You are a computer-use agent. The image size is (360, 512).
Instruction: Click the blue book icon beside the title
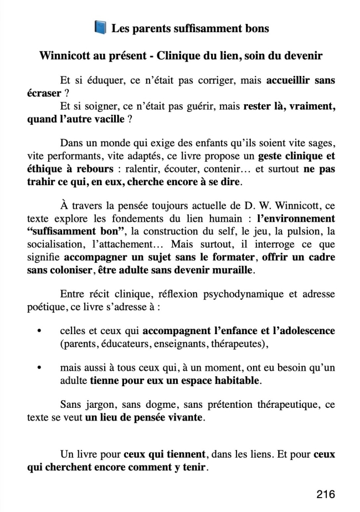100,27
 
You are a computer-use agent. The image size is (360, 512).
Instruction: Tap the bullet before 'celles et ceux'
38,331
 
